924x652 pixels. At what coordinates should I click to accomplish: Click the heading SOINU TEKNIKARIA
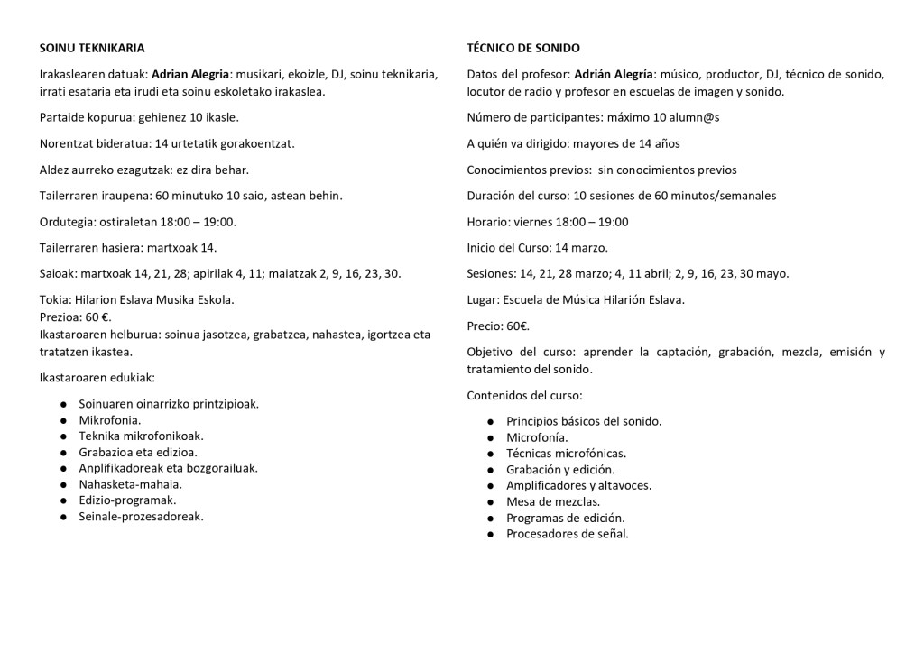pyautogui.click(x=92, y=48)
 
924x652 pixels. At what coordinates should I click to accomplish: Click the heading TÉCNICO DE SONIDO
pyautogui.click(x=523, y=48)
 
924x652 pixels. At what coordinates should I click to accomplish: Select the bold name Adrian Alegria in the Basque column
pyautogui.click(x=189, y=74)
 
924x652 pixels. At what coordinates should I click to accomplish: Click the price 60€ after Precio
pyautogui.click(x=518, y=326)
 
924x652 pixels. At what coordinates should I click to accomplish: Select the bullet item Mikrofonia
pyautogui.click(x=110, y=419)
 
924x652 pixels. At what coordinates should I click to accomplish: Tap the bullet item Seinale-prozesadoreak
pyautogui.click(x=142, y=517)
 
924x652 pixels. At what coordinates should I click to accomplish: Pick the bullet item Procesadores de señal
pyautogui.click(x=568, y=534)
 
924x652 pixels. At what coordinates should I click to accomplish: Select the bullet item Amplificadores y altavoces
pyautogui.click(x=579, y=485)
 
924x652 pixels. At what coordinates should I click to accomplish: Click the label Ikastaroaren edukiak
pyautogui.click(x=97, y=377)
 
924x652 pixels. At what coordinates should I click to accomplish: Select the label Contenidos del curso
pyautogui.click(x=524, y=395)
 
